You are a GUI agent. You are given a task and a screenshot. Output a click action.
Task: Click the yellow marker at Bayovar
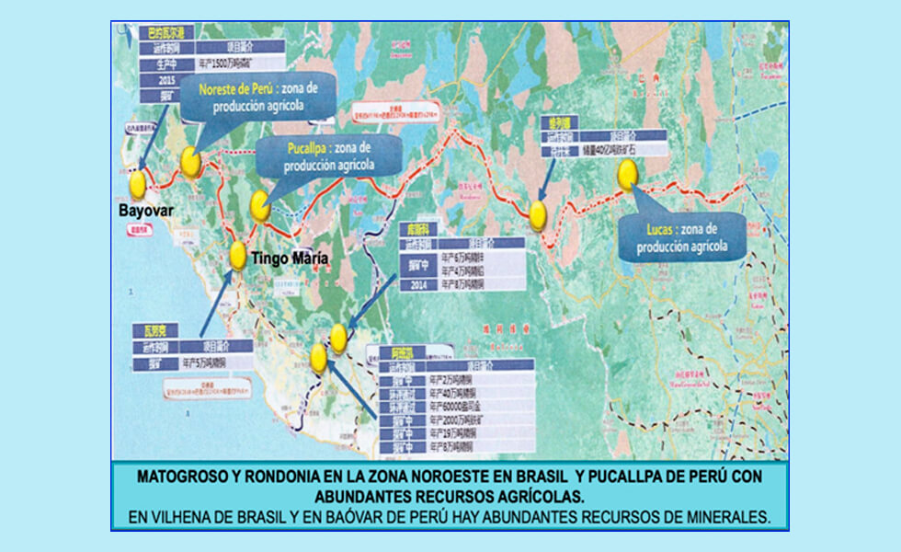click(x=138, y=184)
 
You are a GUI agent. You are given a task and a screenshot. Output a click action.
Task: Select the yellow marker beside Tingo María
click(x=237, y=255)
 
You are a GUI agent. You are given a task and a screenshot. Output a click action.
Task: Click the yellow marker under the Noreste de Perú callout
click(x=190, y=162)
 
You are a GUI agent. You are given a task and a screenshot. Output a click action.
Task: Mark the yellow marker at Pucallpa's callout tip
click(x=260, y=205)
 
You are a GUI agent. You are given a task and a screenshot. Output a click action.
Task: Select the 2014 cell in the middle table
click(x=412, y=286)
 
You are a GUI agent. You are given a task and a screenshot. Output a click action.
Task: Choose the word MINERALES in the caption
click(x=722, y=517)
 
